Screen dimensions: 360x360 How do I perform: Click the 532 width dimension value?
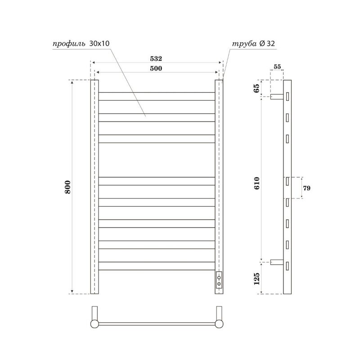(156, 59)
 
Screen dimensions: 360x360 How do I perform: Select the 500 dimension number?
(156, 68)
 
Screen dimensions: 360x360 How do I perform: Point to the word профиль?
(66, 44)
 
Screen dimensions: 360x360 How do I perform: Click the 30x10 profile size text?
(100, 44)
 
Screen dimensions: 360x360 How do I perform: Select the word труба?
(244, 44)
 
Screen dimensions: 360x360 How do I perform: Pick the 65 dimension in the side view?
(257, 88)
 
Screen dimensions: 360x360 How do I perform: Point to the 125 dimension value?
(257, 279)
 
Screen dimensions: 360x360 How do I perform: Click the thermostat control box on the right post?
(219, 281)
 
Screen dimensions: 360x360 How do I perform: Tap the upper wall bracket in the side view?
(276, 96)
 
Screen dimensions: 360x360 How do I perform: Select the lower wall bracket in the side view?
(276, 263)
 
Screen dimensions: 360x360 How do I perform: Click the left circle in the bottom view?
(94, 323)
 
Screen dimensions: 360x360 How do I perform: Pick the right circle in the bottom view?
(220, 323)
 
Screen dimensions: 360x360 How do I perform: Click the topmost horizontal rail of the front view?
(156, 96)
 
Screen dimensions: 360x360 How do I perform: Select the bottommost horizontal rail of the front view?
(156, 266)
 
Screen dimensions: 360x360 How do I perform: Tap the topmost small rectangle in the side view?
(287, 96)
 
